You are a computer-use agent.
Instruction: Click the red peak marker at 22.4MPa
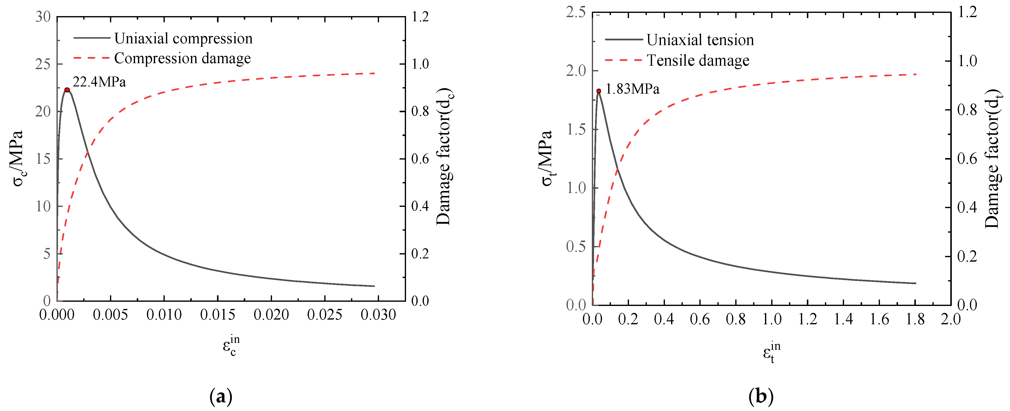[67, 90]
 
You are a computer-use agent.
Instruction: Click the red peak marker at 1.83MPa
[599, 91]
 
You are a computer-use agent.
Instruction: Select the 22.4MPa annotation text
[99, 82]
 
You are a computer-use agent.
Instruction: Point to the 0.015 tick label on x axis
[218, 315]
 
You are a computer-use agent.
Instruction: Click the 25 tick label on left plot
[43, 64]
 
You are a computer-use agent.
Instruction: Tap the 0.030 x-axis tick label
[378, 315]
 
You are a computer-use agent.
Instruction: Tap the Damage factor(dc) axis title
[444, 157]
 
